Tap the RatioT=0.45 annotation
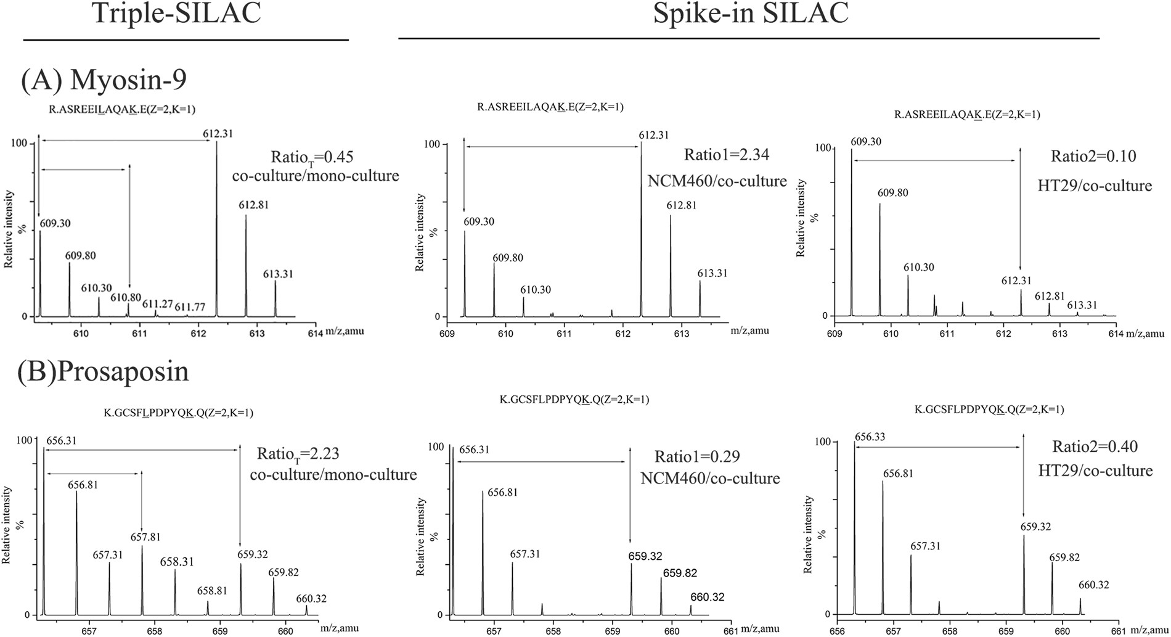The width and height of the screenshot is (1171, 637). point(311,157)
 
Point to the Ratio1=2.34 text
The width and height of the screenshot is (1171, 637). point(727,154)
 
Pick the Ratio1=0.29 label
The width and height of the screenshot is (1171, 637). point(697,456)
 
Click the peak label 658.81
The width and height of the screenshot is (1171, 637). point(212,591)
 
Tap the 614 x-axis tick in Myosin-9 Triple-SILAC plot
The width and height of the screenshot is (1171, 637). point(316,332)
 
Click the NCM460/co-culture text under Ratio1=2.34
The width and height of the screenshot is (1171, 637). point(717,181)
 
